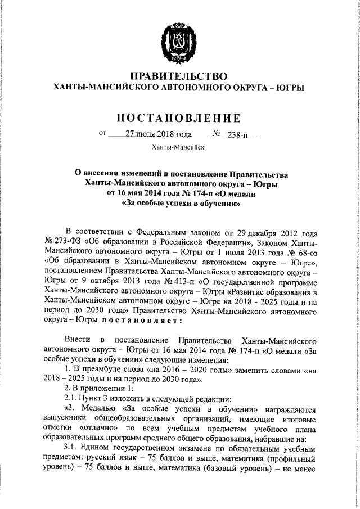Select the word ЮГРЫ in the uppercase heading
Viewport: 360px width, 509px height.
pos(288,88)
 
